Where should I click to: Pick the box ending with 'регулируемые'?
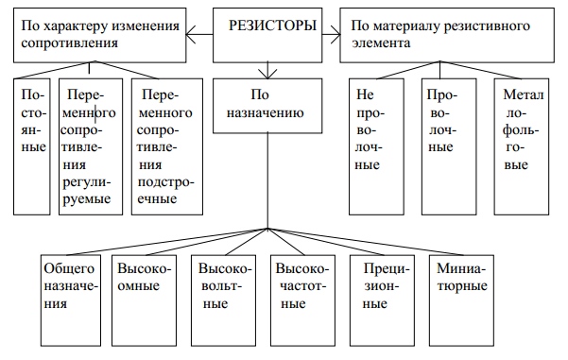(91, 146)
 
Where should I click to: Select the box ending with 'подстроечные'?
(165, 146)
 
